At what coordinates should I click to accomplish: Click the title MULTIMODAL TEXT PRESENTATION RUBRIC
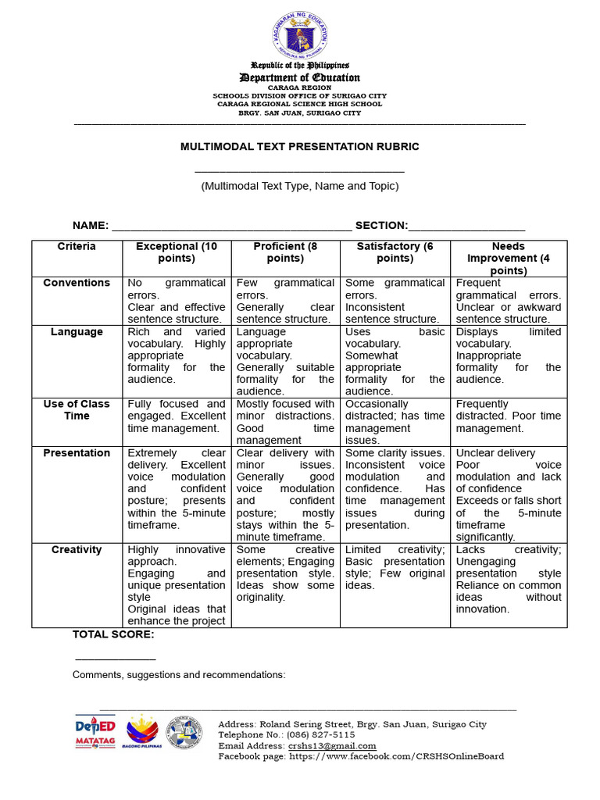[300, 146]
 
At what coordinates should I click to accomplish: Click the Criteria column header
[77, 247]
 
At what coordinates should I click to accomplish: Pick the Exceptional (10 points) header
[177, 252]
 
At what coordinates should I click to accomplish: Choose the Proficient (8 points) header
[285, 252]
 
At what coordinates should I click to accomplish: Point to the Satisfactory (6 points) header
[395, 252]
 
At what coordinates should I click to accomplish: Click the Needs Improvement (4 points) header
[509, 258]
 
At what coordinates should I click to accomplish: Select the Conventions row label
[77, 284]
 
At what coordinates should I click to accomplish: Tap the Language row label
[77, 332]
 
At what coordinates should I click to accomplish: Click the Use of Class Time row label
[77, 410]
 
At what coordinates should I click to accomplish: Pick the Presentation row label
[77, 453]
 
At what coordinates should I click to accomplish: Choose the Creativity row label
[77, 550]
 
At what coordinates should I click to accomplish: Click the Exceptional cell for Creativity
[177, 585]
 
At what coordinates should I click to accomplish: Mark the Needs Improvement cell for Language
[509, 355]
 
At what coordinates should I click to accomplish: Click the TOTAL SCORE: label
[113, 634]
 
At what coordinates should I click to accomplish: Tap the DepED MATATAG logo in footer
[95, 732]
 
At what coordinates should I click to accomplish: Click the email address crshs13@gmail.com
[332, 746]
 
